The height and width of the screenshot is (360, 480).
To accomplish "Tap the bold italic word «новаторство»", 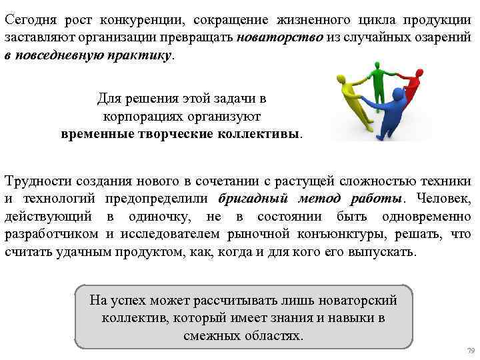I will (x=280, y=39).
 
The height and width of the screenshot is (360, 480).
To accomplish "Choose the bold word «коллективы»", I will (x=259, y=133).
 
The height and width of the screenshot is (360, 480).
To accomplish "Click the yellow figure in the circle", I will (x=353, y=100).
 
